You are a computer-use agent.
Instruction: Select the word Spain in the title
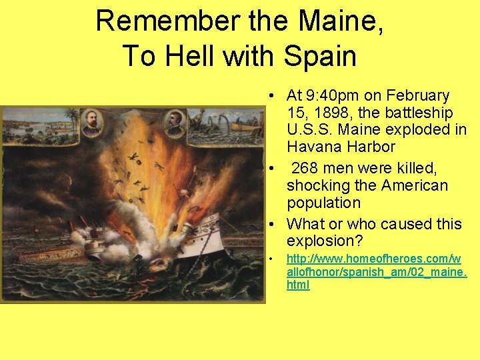tap(320, 56)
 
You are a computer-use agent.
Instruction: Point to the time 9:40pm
tap(340, 96)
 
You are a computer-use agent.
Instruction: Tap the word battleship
tap(415, 113)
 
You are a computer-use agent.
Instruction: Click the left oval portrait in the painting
tap(91, 123)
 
